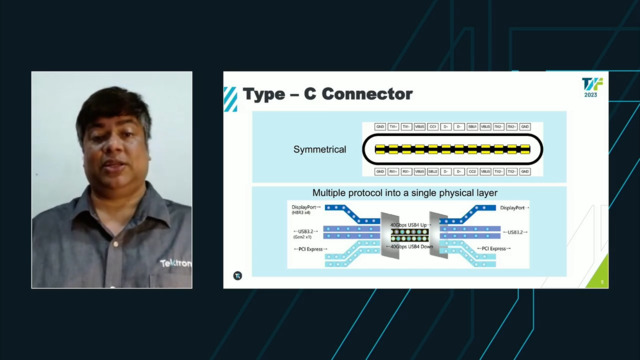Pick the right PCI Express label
click(499, 246)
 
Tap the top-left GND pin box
click(380, 127)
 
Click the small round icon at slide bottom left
click(238, 276)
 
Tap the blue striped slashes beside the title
click(231, 96)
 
